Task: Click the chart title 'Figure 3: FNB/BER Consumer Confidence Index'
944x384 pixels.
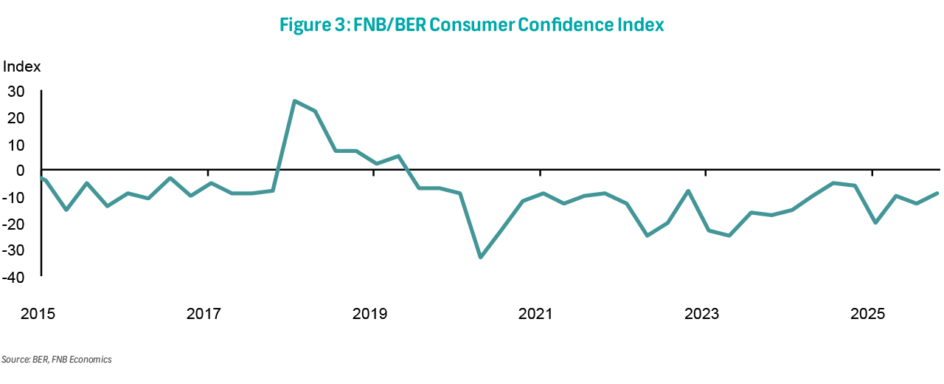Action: pos(472,24)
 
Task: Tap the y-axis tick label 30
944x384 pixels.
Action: pos(16,92)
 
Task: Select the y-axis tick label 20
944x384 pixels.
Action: pos(16,118)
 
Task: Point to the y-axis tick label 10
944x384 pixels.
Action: pos(16,145)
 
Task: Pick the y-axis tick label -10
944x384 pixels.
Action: pos(15,198)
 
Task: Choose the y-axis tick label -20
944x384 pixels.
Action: pos(15,224)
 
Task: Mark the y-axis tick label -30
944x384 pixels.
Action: pos(15,251)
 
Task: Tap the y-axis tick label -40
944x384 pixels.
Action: pos(15,278)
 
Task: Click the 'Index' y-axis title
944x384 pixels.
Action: pos(22,66)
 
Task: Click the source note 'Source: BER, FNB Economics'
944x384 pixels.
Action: pos(56,360)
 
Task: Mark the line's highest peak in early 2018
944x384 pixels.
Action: pos(294,101)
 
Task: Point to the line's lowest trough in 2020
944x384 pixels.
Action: pos(481,257)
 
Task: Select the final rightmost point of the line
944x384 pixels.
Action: pos(937,193)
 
